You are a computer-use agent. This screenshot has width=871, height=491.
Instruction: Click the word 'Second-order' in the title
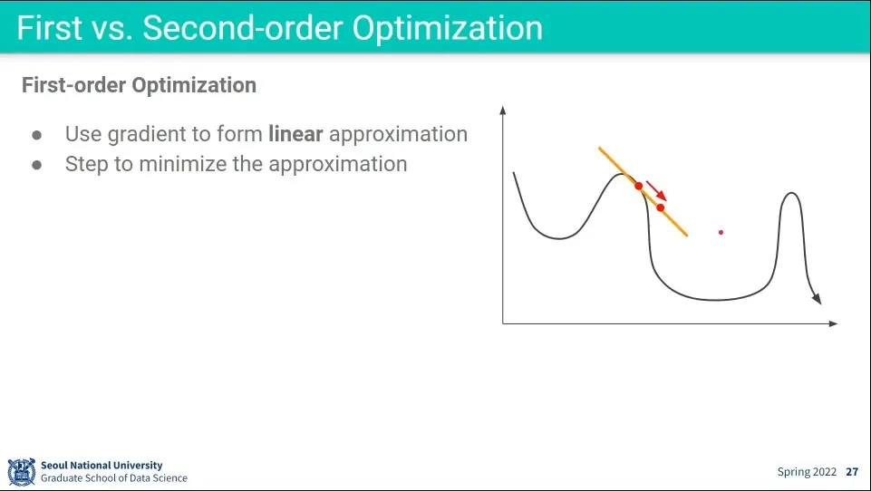(x=243, y=27)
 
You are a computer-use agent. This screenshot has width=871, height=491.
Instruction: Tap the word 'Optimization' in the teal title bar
(x=448, y=29)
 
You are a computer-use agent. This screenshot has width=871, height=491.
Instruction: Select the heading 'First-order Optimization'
(x=139, y=85)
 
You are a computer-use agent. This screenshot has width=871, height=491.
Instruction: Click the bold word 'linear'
(x=295, y=134)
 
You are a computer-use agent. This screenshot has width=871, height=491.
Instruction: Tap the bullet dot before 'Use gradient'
(x=36, y=135)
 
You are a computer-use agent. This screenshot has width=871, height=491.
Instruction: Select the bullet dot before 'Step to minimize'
(x=36, y=165)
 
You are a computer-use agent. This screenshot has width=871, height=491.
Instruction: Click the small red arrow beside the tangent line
(x=656, y=190)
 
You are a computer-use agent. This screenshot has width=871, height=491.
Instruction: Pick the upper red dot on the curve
(x=639, y=186)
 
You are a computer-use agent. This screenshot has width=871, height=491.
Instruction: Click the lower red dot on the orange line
(x=661, y=207)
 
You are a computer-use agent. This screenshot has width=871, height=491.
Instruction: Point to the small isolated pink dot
(x=721, y=232)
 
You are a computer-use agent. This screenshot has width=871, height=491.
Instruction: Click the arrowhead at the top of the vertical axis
(x=503, y=110)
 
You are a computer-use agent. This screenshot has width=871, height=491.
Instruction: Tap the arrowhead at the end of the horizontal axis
(x=833, y=323)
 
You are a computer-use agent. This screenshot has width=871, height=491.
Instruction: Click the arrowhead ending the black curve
(x=817, y=299)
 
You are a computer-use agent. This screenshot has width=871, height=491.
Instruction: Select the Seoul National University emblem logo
(x=22, y=472)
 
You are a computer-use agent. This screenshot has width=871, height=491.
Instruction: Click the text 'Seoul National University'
(x=102, y=465)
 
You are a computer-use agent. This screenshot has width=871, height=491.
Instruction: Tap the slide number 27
(x=852, y=472)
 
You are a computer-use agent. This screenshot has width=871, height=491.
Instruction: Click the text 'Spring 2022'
(x=807, y=472)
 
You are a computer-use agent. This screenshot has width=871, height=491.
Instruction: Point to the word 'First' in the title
(x=50, y=28)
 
